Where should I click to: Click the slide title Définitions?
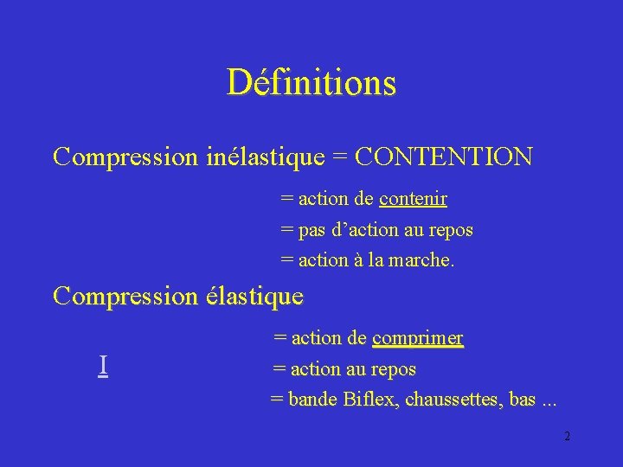311,82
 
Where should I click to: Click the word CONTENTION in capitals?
444,157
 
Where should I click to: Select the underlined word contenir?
413,199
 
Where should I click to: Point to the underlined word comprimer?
418,337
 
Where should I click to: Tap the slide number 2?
567,436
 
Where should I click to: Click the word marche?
422,259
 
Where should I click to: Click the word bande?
312,400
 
